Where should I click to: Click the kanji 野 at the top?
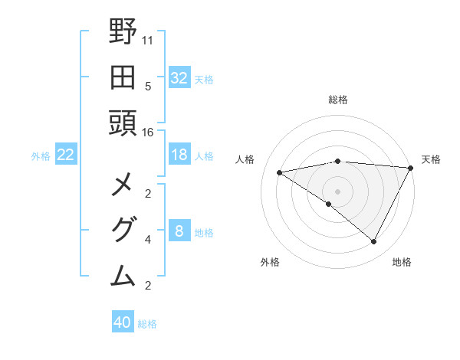[123, 32]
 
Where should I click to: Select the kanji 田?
[123, 77]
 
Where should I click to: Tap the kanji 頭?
[123, 122]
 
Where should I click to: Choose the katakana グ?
[123, 231]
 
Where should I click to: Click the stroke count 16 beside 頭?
[148, 133]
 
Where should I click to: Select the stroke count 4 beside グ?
[148, 241]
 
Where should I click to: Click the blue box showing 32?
[179, 77]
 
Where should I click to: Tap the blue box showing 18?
[179, 155]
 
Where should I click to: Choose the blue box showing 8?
[179, 231]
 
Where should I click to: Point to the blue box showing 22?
[66, 155]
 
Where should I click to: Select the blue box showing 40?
[123, 322]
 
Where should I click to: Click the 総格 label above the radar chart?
[338, 100]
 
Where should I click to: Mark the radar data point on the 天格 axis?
[410, 168]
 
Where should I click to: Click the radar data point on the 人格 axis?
[280, 172]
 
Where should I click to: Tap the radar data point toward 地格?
[374, 242]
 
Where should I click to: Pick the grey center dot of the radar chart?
[337, 191]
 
